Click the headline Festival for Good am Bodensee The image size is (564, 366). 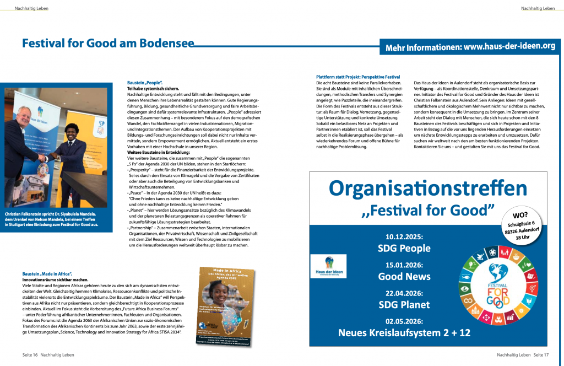108,44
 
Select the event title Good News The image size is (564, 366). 404,276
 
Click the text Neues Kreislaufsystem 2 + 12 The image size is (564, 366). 404,332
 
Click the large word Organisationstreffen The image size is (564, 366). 428,189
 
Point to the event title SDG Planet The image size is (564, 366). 404,304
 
